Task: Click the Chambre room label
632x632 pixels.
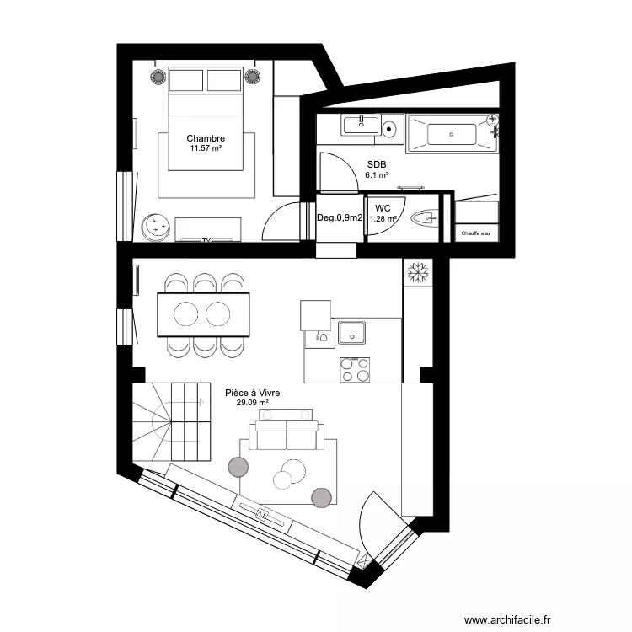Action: [206, 138]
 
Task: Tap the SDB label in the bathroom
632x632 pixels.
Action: [377, 164]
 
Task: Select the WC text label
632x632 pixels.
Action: [383, 208]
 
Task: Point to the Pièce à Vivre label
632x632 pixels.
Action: [252, 393]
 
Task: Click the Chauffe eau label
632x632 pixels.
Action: [475, 233]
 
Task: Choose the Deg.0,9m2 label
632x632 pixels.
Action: [340, 217]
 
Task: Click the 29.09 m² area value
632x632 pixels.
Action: [252, 402]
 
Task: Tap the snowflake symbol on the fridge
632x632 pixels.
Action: [418, 272]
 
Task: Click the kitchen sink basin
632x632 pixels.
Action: [352, 333]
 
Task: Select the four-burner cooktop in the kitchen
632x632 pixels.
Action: [355, 370]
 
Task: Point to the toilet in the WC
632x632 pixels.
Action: [425, 218]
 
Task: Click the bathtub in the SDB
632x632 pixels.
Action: [452, 134]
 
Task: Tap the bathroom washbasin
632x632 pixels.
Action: [361, 124]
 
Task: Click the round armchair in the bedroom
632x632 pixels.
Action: [155, 228]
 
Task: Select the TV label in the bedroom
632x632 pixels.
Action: [206, 241]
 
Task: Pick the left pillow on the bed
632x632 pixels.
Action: [186, 80]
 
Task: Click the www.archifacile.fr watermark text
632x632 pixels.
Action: [507, 619]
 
